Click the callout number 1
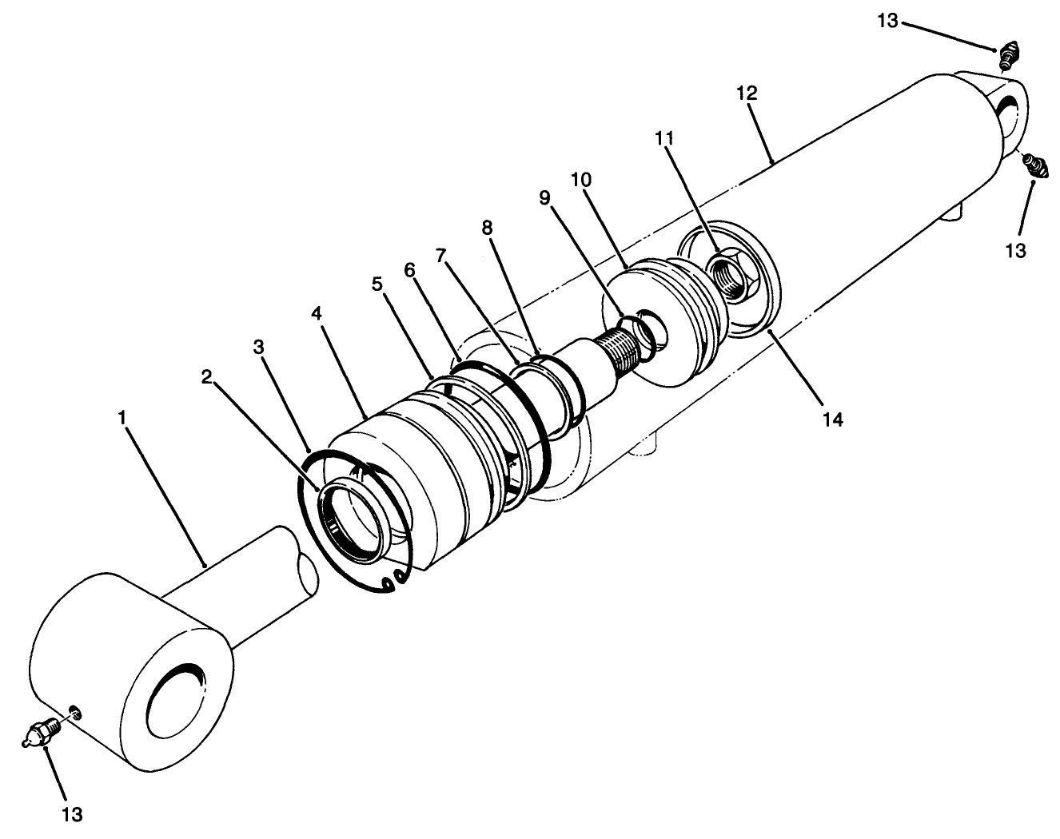click(x=122, y=418)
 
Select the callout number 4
click(x=317, y=314)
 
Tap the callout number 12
click(x=747, y=94)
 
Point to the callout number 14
click(x=833, y=419)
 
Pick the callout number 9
click(x=545, y=198)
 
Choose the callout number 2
click(x=207, y=377)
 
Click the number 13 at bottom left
click(x=72, y=814)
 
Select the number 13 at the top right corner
click(x=887, y=21)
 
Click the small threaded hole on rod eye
click(x=74, y=711)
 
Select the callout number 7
click(x=440, y=256)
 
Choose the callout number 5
click(x=377, y=284)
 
